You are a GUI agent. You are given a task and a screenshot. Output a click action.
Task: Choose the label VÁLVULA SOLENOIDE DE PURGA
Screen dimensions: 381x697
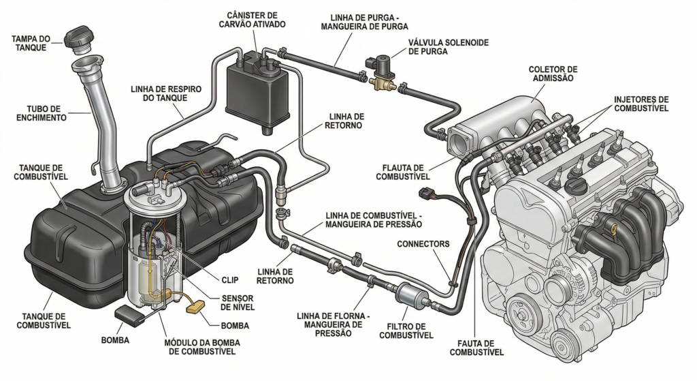coord(439,47)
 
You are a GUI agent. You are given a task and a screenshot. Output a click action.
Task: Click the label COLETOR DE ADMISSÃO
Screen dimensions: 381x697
coord(552,74)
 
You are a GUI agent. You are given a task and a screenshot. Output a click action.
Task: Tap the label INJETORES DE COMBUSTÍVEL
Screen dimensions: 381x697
coord(641,103)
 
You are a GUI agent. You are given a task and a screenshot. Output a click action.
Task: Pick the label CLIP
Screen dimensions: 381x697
coord(230,279)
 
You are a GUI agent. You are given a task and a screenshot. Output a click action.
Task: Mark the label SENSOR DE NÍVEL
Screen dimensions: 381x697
coord(238,303)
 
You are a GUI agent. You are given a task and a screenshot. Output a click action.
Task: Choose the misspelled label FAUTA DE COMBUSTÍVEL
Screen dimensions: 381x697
coord(476,347)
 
